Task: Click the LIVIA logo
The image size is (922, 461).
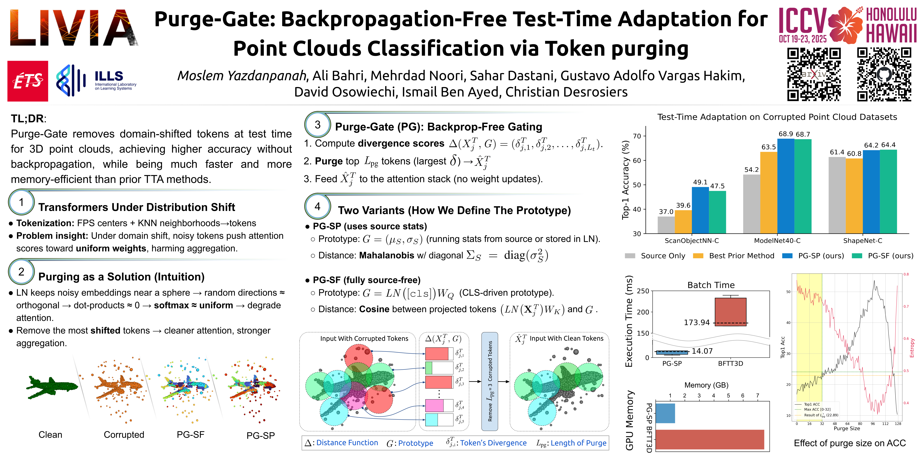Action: point(74,28)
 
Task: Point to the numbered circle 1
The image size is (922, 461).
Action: point(21,202)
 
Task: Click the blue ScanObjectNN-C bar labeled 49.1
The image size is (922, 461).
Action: point(700,210)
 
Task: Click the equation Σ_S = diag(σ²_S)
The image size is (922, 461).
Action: point(507,255)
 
